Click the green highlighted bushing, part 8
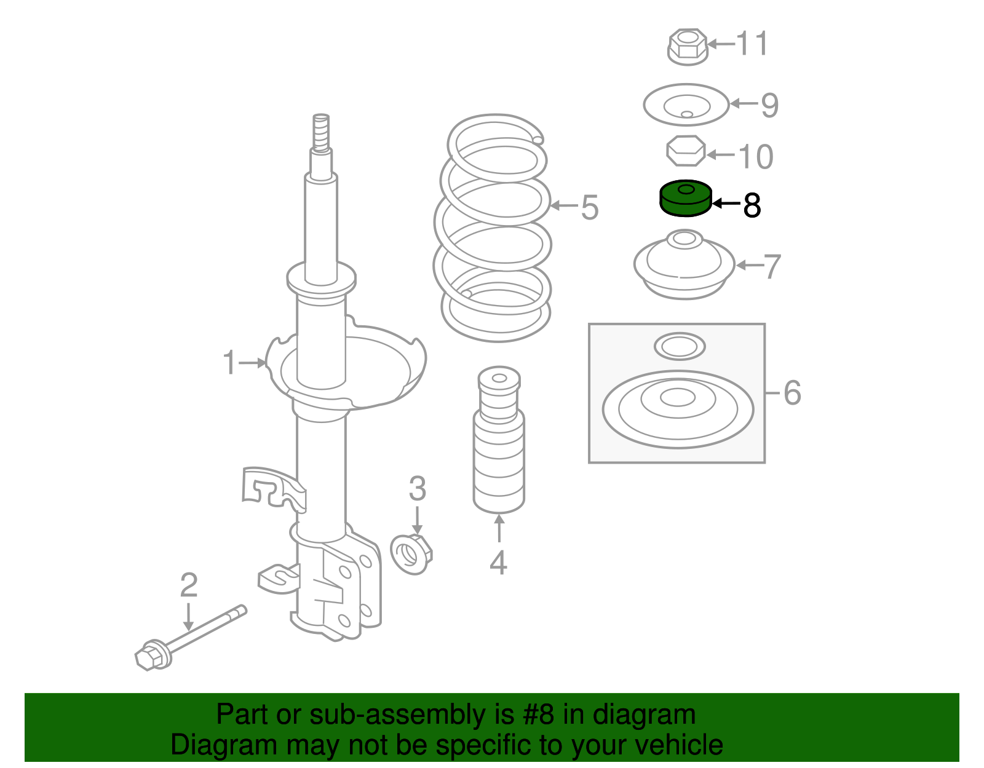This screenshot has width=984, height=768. point(684,199)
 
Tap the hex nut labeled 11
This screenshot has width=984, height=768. point(686,46)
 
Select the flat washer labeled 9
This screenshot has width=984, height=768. point(686,105)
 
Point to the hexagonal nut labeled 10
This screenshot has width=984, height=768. point(686,151)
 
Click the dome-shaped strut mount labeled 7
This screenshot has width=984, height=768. point(684,266)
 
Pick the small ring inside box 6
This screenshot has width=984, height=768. point(679,347)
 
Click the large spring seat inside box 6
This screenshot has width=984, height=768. point(678,410)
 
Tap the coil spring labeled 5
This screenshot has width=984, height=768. point(496,228)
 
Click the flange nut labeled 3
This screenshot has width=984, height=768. point(411,554)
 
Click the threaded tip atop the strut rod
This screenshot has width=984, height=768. point(320,132)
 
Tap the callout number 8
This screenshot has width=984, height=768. point(752,205)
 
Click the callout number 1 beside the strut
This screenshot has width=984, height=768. point(229,363)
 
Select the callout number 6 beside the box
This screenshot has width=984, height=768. point(792,392)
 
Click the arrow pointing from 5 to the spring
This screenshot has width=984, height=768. point(562,205)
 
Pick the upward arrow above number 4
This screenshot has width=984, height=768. point(499,529)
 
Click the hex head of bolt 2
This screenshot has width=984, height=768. point(151,655)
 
